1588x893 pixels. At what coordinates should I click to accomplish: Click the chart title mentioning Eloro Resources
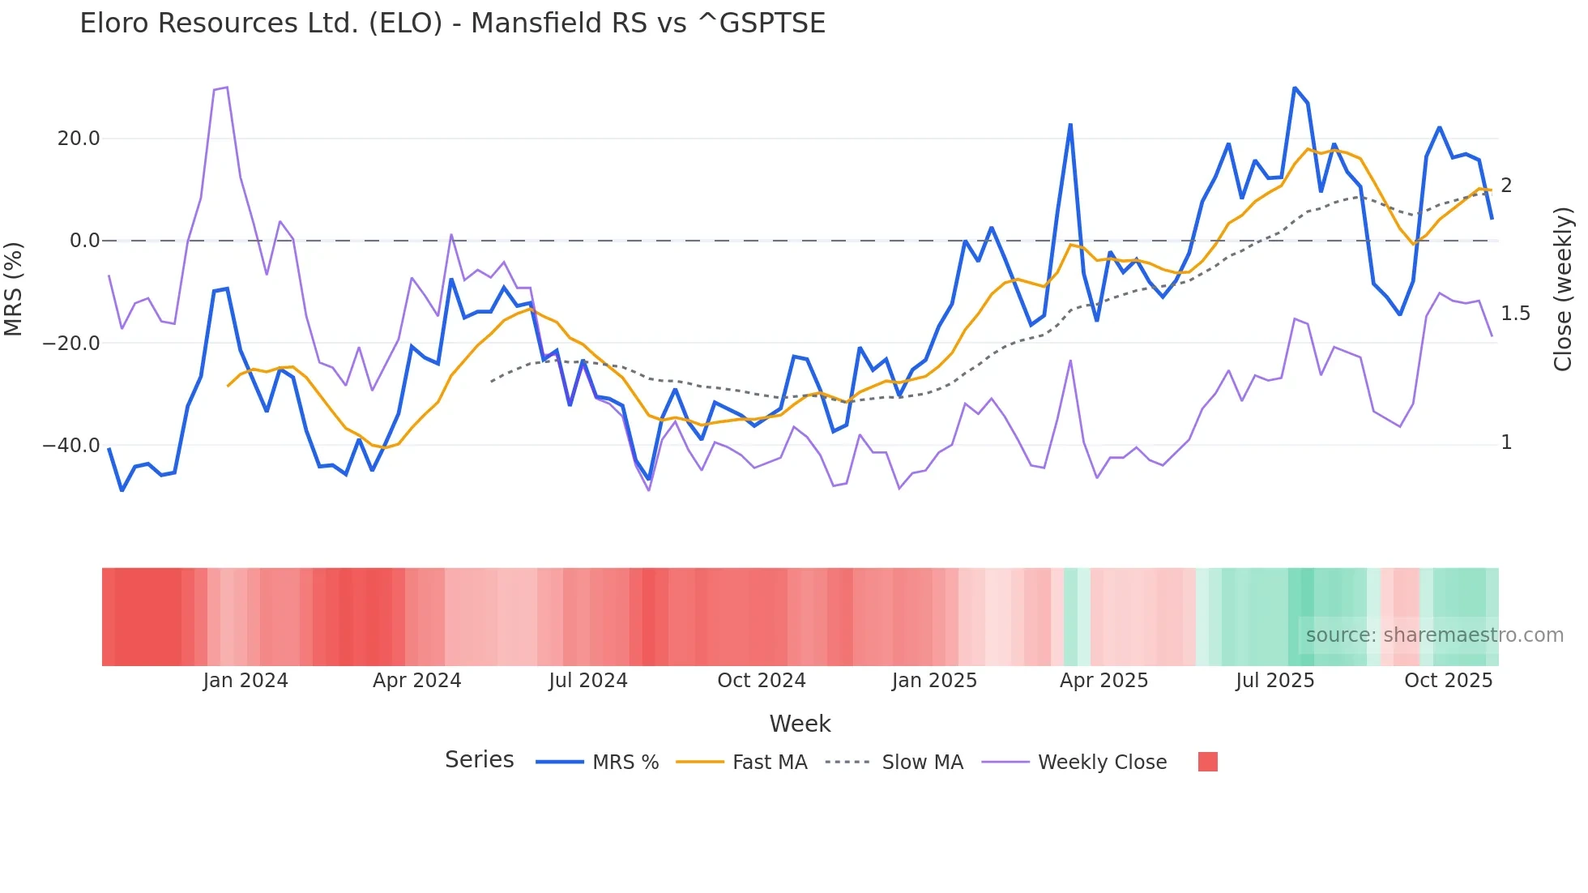[452, 23]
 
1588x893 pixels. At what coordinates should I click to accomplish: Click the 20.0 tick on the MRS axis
[79, 139]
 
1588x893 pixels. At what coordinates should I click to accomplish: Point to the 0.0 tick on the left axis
[85, 241]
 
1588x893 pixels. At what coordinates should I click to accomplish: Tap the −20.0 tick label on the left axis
[71, 343]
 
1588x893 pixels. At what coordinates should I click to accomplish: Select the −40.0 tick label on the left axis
[71, 445]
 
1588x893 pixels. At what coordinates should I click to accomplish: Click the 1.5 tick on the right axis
[1515, 314]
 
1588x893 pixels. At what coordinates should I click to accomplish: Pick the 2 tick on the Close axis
[1506, 186]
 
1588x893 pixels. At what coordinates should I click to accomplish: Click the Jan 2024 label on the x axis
[245, 681]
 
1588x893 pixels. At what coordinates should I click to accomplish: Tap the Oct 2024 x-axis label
[761, 681]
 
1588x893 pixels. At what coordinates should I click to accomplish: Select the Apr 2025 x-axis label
[1103, 681]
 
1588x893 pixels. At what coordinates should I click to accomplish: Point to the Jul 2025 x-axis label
[1274, 681]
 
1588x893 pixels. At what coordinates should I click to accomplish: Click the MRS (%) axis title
[13, 288]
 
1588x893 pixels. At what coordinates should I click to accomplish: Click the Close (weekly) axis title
[1563, 288]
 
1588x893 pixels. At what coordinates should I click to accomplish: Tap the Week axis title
[800, 724]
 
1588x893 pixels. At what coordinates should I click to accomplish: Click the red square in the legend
[1207, 762]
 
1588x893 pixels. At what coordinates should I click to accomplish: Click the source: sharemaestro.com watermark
[1434, 635]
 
